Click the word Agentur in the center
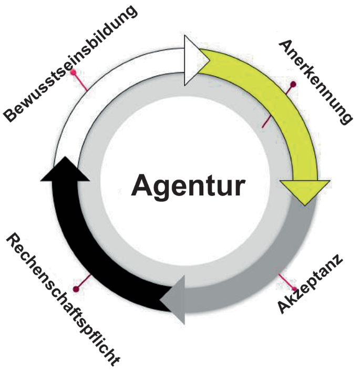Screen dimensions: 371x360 point(188,185)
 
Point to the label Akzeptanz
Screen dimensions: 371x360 point(311,283)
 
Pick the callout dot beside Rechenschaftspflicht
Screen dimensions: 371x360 point(77,288)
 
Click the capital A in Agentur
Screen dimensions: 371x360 point(143,185)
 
